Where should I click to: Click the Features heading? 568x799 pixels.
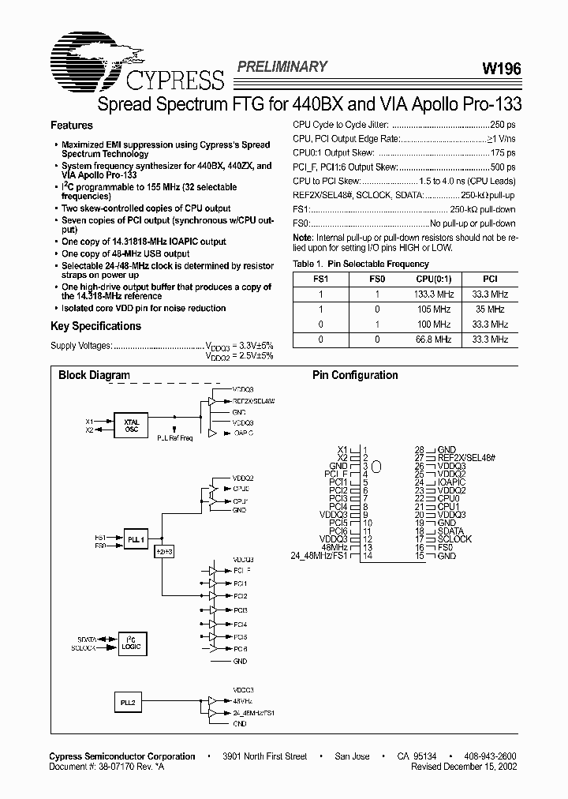point(71,126)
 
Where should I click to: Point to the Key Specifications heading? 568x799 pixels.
point(95,326)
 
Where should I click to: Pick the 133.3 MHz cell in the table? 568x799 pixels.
point(433,294)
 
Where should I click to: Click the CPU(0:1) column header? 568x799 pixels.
point(433,279)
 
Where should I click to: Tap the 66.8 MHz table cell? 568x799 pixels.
point(433,339)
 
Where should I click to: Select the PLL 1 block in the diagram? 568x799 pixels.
point(136,540)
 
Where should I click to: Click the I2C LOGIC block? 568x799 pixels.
point(131,642)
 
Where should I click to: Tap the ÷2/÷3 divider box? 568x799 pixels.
point(164,552)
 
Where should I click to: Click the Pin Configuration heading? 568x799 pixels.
point(355,375)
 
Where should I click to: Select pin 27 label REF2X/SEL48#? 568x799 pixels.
point(465,458)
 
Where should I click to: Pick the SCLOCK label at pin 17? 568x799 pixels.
point(454,539)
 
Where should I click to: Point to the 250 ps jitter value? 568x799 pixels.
point(503,125)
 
